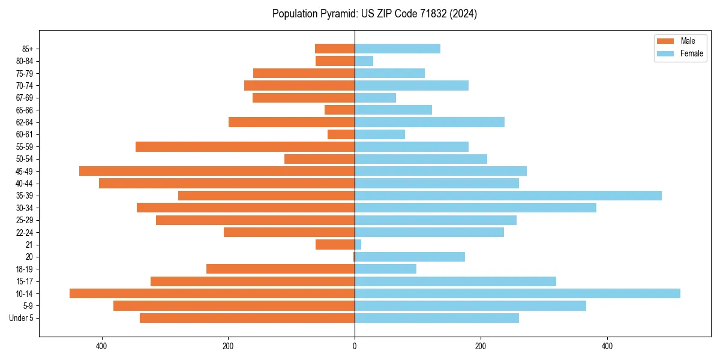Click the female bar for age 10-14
click(517, 293)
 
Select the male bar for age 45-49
click(217, 171)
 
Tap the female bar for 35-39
click(508, 196)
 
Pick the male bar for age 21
click(335, 244)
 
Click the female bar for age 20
click(409, 257)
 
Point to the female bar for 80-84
click(364, 61)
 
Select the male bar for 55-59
click(245, 146)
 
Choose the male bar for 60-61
click(341, 134)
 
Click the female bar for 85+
click(397, 49)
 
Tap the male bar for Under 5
click(247, 318)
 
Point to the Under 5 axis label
click(22, 318)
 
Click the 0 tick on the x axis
click(355, 346)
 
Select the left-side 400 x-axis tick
click(101, 346)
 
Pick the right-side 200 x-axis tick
click(481, 346)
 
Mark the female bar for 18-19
click(385, 269)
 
